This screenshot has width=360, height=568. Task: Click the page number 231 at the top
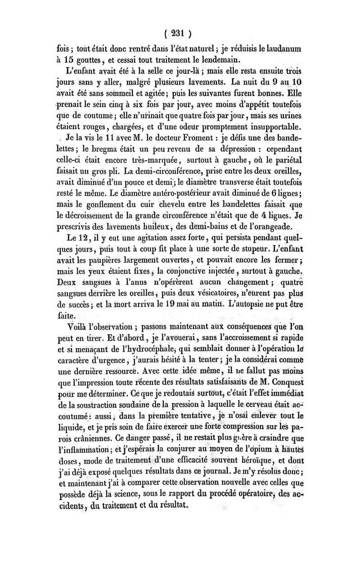pos(180,33)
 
